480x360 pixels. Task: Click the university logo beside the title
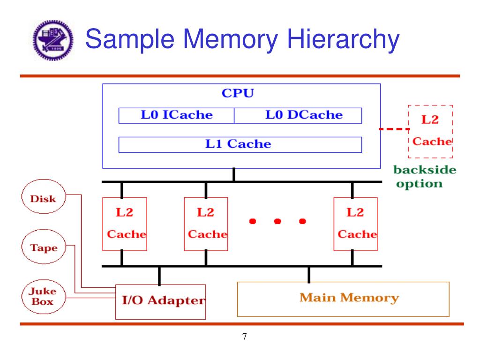(52, 41)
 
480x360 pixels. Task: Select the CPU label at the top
(238, 93)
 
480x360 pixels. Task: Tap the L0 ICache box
(176, 115)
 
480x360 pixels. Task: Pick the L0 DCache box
(298, 115)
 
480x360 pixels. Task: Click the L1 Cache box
(240, 144)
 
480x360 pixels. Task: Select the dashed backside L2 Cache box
(430, 131)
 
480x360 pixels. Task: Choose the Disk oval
(43, 199)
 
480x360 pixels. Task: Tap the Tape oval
(43, 248)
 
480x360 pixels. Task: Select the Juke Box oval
(43, 296)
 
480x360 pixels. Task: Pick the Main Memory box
(343, 299)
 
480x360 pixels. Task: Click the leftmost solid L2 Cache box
(125, 224)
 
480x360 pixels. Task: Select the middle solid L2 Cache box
(206, 224)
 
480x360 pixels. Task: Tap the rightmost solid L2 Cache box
(355, 224)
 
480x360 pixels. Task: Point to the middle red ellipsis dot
(277, 221)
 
